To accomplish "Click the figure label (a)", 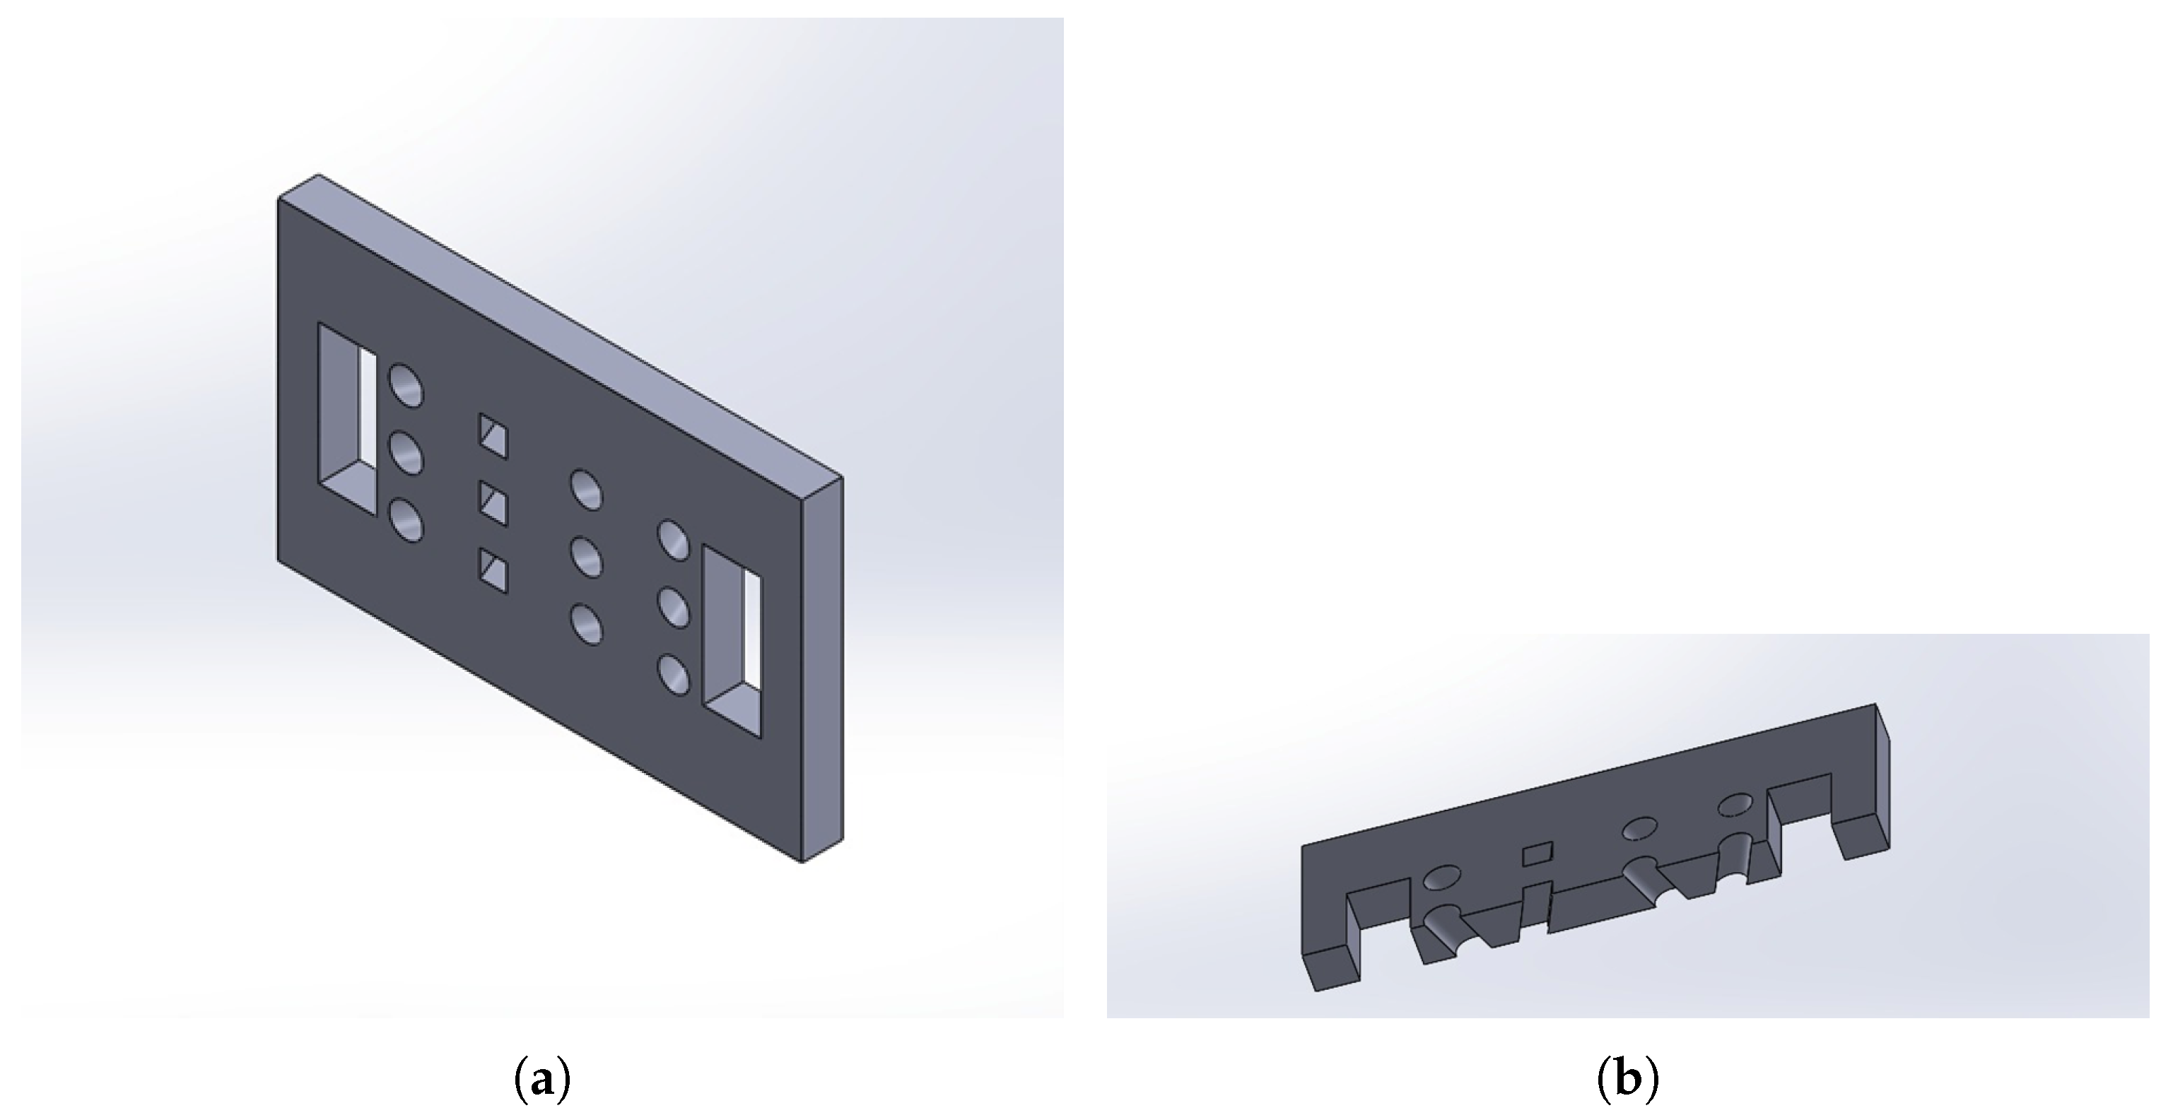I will (542, 1080).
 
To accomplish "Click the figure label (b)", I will (1627, 1080).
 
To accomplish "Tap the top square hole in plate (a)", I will (493, 436).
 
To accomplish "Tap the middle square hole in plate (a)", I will (493, 504).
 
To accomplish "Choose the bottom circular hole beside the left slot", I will (406, 519).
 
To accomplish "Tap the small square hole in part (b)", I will (1537, 854).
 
